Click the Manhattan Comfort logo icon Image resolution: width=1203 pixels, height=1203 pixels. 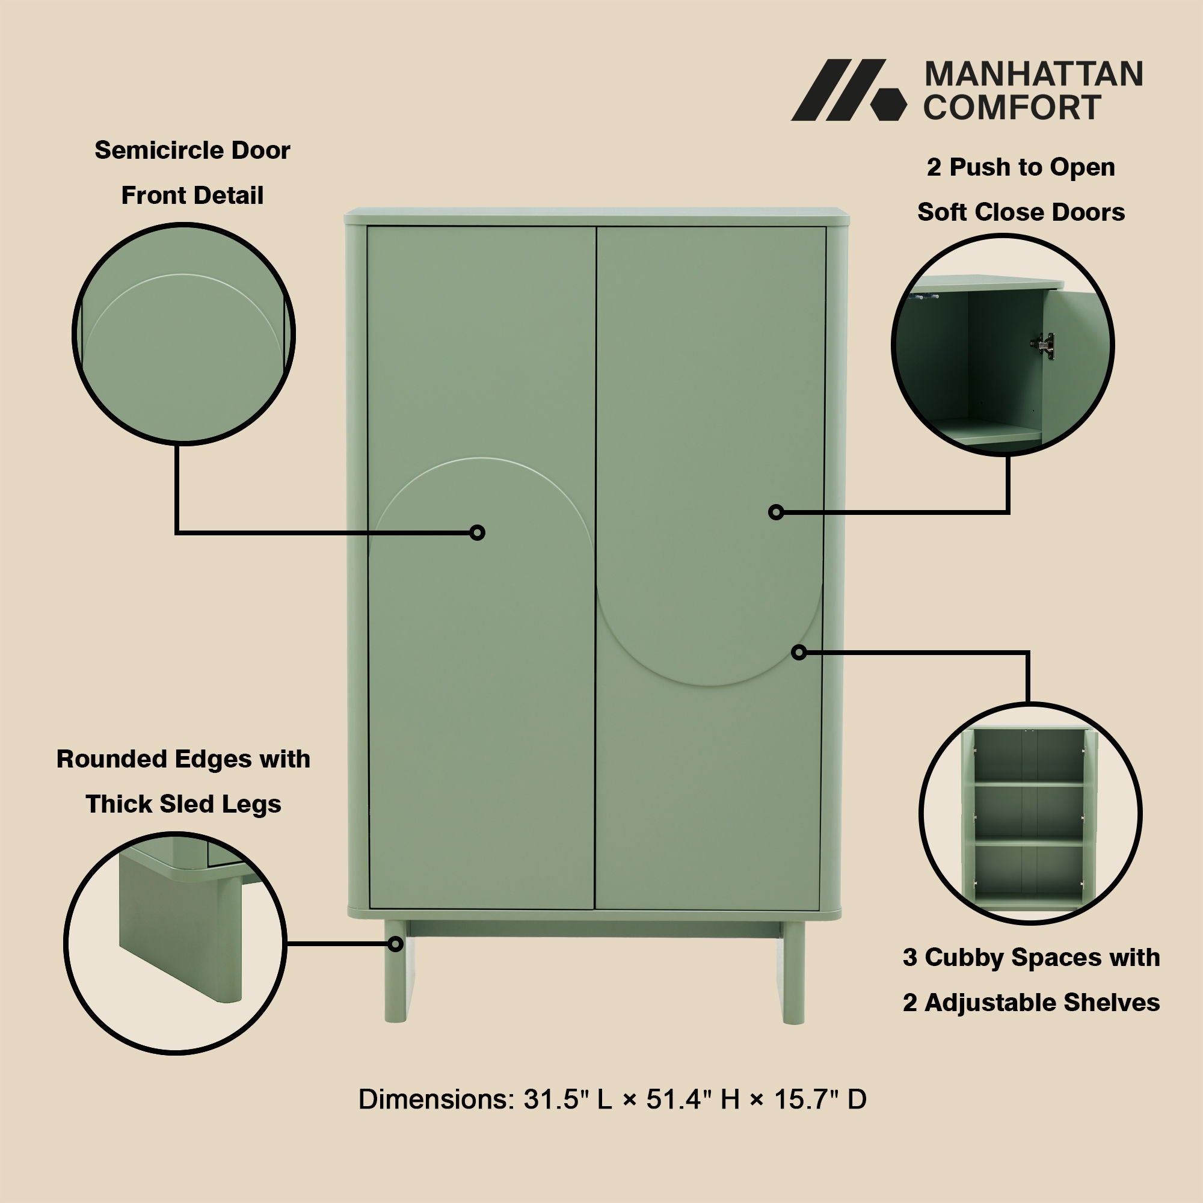[x=848, y=90]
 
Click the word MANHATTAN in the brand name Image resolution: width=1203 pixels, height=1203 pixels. [x=1033, y=75]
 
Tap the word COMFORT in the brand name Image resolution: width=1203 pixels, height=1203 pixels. [x=1012, y=108]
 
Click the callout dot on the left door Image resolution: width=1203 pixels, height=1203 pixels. [x=478, y=532]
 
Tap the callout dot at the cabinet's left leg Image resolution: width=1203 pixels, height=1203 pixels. [x=395, y=944]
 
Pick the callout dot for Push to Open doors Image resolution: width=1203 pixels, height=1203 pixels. [x=776, y=512]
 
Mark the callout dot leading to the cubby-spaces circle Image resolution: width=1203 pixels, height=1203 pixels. [x=799, y=653]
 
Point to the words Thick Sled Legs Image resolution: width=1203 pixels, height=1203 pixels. [x=183, y=804]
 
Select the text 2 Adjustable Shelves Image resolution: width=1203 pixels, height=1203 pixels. [x=1031, y=1003]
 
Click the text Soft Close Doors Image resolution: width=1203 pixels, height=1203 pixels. [x=1021, y=212]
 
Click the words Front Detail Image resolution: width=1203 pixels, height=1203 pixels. [x=192, y=195]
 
